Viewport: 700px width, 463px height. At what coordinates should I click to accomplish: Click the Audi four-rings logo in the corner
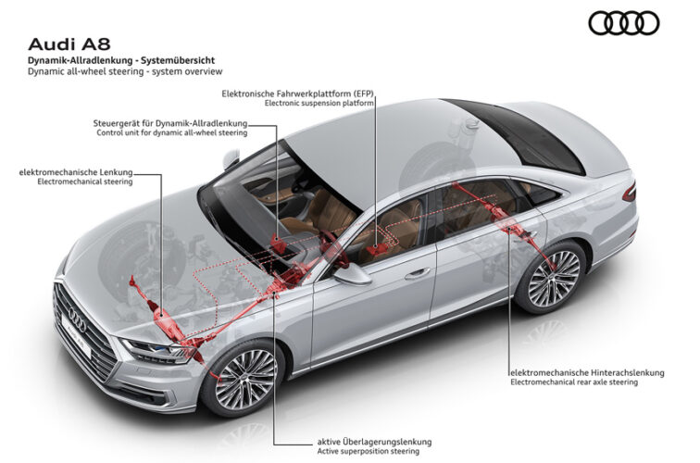tap(624, 23)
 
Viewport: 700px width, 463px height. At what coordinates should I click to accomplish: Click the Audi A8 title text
tap(69, 44)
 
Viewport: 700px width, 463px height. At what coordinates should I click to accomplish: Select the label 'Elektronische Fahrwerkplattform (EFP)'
tap(298, 94)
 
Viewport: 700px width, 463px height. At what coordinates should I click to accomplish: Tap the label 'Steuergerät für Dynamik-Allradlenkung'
tap(170, 123)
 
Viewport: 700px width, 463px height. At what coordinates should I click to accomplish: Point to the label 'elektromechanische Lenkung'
tap(76, 172)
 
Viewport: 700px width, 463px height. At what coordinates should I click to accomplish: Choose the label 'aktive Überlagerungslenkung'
tap(375, 442)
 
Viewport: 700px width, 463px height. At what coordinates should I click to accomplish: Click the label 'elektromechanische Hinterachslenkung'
tap(587, 372)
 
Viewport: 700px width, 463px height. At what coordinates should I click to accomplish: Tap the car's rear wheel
tap(552, 278)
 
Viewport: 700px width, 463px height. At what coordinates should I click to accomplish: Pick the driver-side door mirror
tap(352, 274)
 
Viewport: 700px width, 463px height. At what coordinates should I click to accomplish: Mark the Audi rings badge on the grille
tap(77, 320)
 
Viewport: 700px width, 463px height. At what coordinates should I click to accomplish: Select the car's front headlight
tap(159, 351)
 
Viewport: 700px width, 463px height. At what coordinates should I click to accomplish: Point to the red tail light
tap(630, 193)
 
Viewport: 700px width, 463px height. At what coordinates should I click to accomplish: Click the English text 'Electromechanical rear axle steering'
tap(574, 382)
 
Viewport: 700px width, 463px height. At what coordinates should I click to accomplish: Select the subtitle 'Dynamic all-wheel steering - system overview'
tap(125, 71)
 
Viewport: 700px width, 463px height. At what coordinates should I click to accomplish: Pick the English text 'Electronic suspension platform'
tap(319, 103)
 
